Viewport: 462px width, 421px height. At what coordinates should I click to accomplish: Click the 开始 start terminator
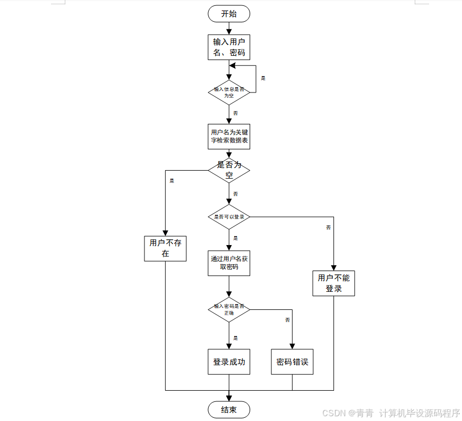coord(229,14)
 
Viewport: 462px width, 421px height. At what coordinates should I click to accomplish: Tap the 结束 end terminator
coord(229,409)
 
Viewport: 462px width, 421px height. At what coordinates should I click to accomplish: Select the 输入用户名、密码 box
coord(229,47)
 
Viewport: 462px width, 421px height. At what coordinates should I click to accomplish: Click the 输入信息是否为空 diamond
coord(229,92)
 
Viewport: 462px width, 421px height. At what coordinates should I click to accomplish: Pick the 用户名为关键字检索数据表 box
coord(229,137)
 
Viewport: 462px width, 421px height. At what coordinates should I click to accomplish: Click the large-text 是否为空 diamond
coord(229,170)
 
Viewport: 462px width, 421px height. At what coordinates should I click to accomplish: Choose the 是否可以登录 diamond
coord(229,217)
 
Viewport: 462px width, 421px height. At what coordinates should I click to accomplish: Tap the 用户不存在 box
coord(165,248)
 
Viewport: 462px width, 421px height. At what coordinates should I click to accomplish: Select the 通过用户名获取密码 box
coord(229,263)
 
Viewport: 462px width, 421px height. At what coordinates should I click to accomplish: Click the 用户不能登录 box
coord(333,283)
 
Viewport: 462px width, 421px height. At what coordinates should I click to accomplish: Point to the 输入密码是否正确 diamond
coord(229,309)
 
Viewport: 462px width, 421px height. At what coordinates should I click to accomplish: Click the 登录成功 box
coord(229,362)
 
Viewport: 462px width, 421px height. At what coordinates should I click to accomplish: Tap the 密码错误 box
coord(292,362)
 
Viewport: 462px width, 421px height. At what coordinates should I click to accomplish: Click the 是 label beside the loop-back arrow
coord(263,78)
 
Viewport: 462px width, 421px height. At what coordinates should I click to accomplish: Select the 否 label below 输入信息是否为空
coord(235,113)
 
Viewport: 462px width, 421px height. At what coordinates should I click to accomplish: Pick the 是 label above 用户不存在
coord(172,181)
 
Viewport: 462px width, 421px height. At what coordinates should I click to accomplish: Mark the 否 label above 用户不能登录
coord(328,228)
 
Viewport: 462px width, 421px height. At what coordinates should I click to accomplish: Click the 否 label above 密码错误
coord(287,320)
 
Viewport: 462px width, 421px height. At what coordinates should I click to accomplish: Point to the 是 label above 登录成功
coord(235,338)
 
